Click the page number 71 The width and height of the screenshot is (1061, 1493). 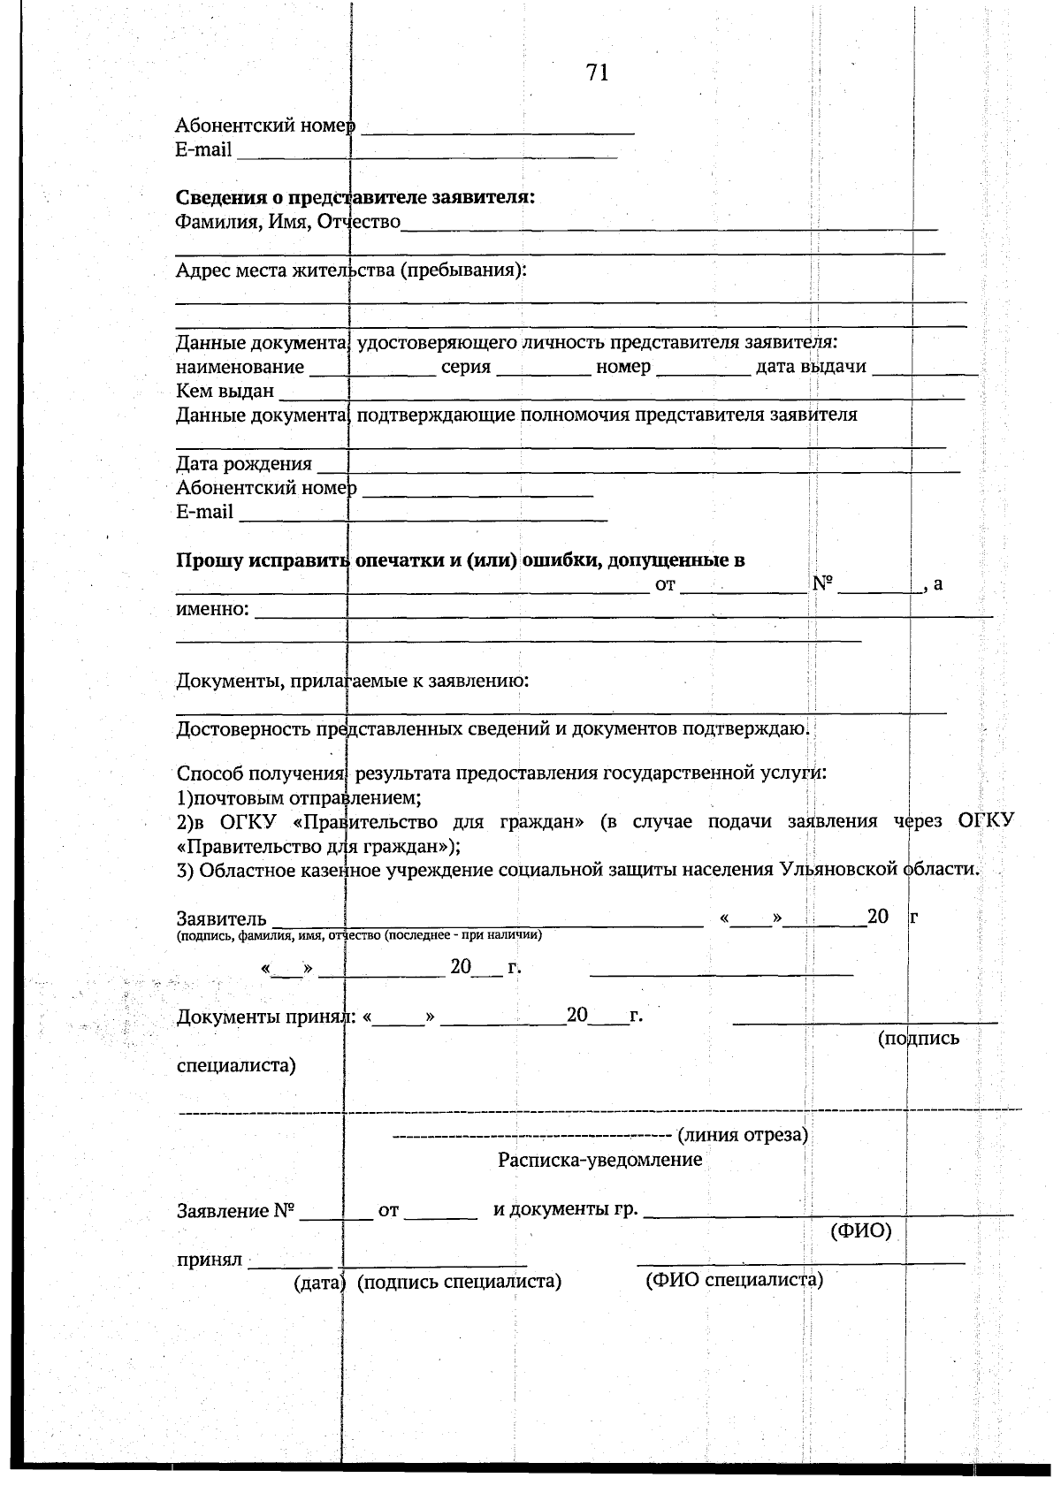597,73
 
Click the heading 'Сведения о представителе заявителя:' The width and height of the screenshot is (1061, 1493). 355,197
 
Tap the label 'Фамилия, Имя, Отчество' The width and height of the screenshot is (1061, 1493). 287,221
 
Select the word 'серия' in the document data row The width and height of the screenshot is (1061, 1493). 466,367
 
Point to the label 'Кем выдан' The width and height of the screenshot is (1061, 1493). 225,391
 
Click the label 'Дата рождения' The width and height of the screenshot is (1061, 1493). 244,464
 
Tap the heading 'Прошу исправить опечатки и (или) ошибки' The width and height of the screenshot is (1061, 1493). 460,560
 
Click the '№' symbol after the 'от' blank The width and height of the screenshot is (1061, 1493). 822,584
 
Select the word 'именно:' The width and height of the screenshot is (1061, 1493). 213,609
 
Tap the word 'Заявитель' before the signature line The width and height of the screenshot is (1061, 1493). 221,918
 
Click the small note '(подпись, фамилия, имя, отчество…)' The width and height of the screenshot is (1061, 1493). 359,935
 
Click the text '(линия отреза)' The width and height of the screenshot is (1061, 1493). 743,1135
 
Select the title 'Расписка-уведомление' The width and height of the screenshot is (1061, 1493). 599,1160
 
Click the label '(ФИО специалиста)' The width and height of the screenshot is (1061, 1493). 735,1280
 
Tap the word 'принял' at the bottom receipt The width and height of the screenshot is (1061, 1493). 210,1260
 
